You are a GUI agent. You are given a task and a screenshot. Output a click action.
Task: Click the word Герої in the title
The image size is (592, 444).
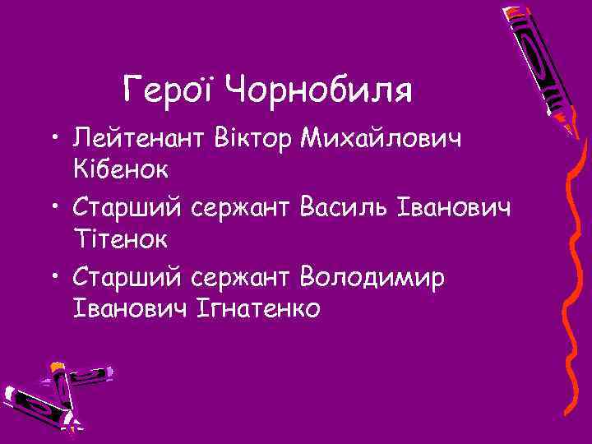coord(169,88)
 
